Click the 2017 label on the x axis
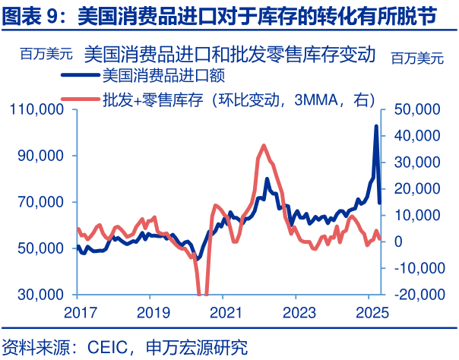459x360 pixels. (76, 312)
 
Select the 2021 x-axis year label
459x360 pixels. (225, 312)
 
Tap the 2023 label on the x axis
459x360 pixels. (299, 312)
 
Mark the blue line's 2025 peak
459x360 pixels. (375, 126)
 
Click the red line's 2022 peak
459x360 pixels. (264, 145)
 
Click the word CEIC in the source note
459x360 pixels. (111, 348)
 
